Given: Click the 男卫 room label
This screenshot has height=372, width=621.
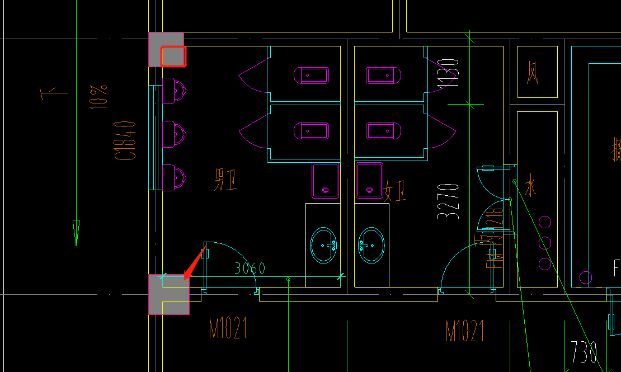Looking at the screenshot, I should click(226, 180).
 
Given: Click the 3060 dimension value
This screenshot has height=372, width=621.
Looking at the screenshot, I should click(250, 268).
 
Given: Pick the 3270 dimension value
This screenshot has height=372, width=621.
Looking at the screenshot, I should click(448, 200).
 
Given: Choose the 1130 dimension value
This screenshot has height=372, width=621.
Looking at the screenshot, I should click(449, 76).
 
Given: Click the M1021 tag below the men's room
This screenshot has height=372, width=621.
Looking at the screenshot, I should click(228, 329).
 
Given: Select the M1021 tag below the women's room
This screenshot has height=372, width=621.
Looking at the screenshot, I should click(464, 331).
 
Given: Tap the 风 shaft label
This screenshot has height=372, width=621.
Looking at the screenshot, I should click(533, 73).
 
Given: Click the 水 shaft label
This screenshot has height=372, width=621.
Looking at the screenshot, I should click(530, 184).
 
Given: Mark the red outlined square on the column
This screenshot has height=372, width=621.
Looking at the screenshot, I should click(173, 56).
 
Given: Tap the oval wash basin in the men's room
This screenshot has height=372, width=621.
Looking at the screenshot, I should click(324, 244).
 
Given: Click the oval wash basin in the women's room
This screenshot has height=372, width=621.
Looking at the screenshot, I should click(371, 244).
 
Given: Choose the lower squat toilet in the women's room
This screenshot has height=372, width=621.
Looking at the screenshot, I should click(384, 131).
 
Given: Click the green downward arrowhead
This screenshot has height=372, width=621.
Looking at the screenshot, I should click(76, 232).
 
